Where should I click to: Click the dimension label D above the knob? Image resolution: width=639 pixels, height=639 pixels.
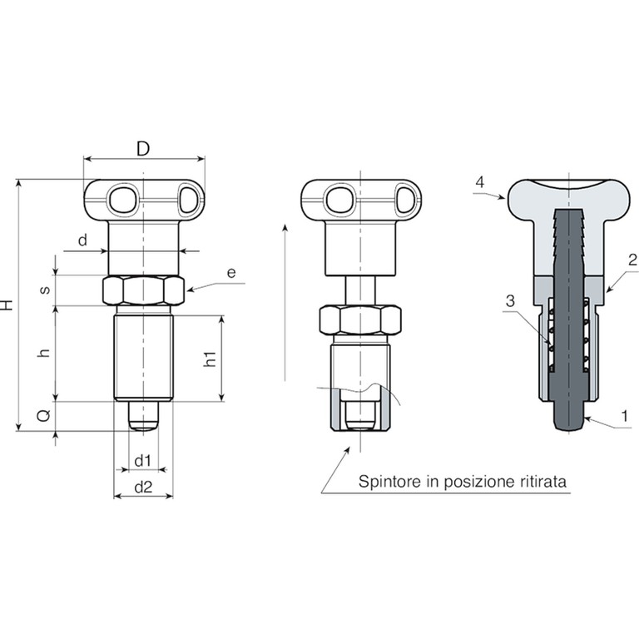143,149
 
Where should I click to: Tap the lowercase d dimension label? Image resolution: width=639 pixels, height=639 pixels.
82,240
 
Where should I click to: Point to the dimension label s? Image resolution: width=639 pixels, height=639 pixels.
46,290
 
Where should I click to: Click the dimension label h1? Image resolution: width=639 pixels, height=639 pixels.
210,359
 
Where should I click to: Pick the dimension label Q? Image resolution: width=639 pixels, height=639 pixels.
44,415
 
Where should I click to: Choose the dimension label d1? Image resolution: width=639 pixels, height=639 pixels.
142,461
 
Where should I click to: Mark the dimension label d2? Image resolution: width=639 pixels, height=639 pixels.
143,487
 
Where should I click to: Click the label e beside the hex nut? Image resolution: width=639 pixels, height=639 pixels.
231,272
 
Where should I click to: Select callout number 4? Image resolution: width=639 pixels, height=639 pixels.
480,181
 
